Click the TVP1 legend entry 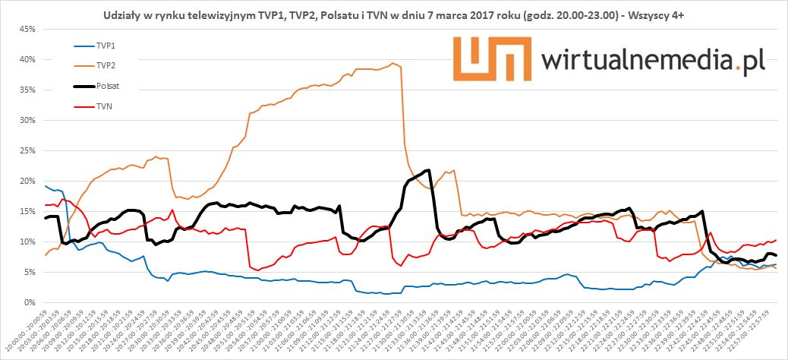[x=106, y=46]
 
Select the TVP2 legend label [x=106, y=65]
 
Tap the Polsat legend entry [x=108, y=86]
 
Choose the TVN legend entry [x=105, y=106]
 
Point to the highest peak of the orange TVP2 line [x=392, y=63]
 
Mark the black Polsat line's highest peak [x=428, y=170]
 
